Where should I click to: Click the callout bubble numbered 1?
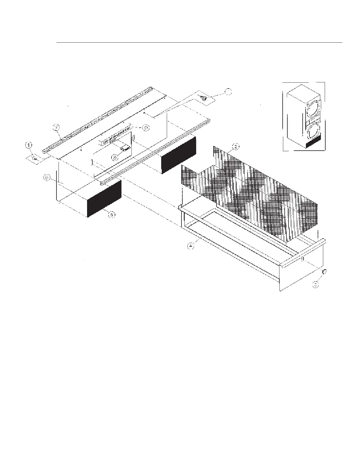tap(29, 145)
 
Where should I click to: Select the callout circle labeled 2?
tap(235, 146)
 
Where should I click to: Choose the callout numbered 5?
tap(112, 215)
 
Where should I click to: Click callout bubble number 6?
tap(47, 178)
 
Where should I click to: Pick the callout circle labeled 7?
tap(56, 127)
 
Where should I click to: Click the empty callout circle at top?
tap(228, 91)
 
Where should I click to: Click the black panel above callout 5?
tap(104, 199)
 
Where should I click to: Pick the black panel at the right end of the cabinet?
tap(178, 155)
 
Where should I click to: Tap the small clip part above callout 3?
tap(324, 272)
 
